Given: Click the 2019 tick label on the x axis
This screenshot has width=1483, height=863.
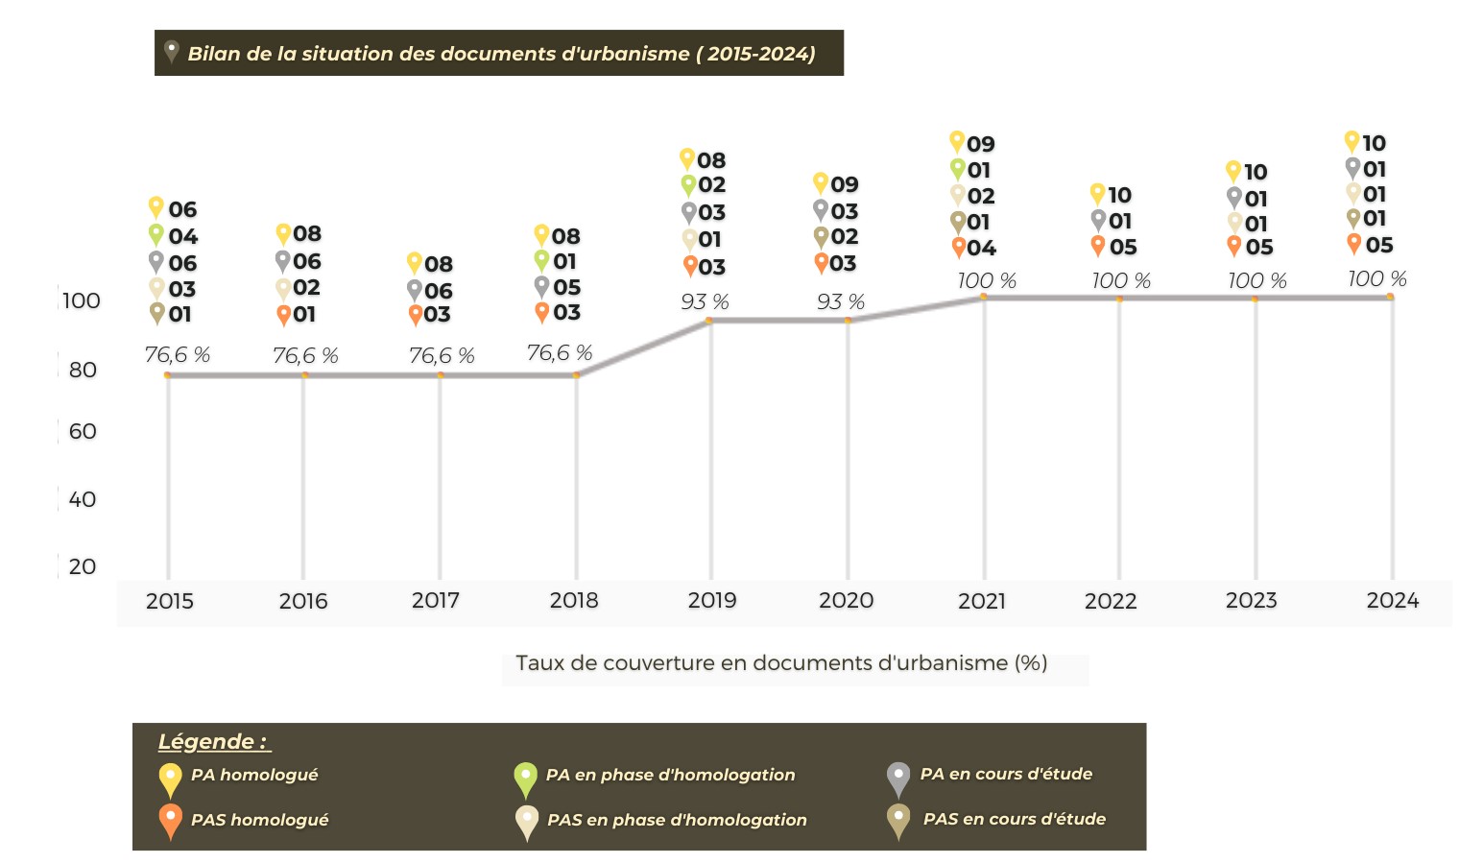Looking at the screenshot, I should [711, 601].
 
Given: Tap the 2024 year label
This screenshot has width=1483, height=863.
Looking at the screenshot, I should [1392, 601].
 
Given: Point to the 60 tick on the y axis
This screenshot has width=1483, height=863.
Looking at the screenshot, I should [83, 432].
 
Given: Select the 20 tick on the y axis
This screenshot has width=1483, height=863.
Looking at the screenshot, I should [83, 566].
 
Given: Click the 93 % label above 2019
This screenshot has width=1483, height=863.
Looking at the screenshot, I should [705, 302].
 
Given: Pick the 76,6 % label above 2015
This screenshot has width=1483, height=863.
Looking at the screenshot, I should [178, 355].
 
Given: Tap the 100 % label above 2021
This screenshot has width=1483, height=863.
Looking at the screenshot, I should [987, 281].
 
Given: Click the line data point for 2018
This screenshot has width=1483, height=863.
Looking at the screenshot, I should [576, 375].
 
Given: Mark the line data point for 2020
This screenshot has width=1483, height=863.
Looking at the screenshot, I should [848, 321].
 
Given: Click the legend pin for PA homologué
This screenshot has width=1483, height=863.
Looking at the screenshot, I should [170, 779].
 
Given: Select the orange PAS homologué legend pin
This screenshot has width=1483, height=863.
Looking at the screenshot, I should [170, 821].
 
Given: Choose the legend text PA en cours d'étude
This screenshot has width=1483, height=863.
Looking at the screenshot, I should [1006, 774].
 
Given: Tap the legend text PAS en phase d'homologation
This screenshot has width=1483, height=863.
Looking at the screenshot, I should [677, 820].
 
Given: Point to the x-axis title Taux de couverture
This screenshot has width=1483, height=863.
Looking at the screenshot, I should [780, 663].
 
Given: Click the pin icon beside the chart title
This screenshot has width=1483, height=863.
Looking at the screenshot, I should [171, 51].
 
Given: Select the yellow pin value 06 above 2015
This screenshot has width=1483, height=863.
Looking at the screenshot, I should [182, 209].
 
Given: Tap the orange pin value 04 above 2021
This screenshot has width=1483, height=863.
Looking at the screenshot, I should [981, 248].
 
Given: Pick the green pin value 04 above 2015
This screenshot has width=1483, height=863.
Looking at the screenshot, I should [182, 236].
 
